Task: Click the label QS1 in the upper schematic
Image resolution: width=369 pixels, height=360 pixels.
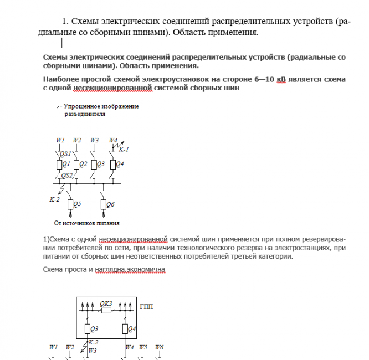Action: (65, 153)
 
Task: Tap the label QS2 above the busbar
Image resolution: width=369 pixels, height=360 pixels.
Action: (67, 175)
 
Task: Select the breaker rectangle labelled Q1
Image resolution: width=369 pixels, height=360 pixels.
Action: (59, 164)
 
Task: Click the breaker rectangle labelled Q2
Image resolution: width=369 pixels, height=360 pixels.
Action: (76, 164)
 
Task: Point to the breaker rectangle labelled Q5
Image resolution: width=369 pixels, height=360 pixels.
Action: (70, 204)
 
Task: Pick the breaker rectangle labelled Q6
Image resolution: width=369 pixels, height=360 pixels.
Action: (103, 204)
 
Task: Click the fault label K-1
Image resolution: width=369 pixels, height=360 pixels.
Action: (125, 149)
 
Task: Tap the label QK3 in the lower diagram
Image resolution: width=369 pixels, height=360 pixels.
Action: (106, 304)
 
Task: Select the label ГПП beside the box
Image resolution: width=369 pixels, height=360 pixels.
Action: (147, 306)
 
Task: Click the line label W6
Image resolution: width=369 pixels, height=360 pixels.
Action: (160, 347)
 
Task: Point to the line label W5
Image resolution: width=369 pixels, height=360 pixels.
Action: (143, 347)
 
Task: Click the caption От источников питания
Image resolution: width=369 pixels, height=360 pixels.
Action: (87, 224)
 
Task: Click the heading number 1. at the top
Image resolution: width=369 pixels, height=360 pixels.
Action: (65, 22)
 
